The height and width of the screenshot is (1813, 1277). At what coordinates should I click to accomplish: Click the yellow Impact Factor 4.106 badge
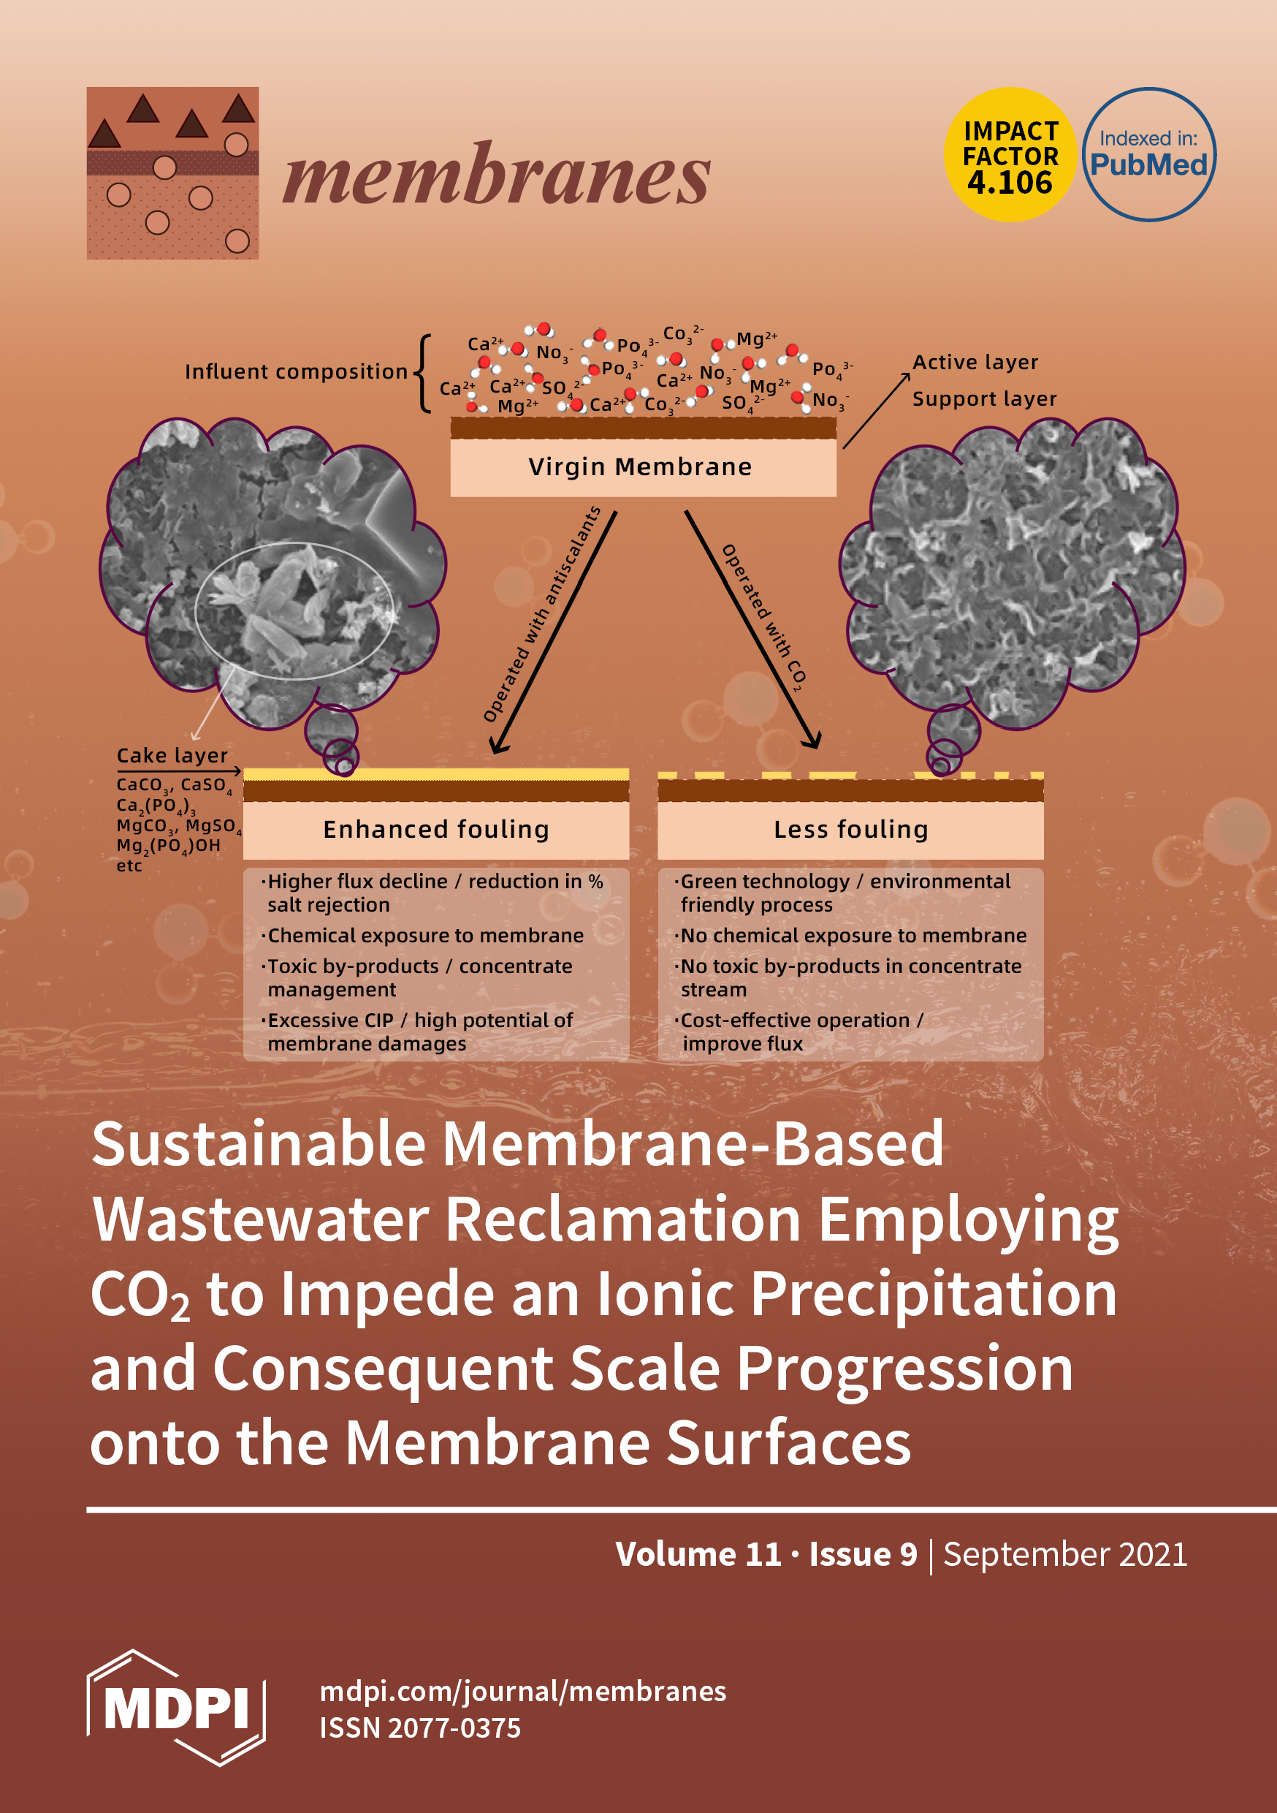click(1010, 155)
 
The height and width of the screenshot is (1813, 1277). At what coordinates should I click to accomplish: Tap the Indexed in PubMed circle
click(1148, 155)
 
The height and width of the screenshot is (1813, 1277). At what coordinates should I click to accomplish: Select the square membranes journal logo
click(173, 173)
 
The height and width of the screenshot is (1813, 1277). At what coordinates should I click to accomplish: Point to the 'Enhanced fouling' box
click(435, 829)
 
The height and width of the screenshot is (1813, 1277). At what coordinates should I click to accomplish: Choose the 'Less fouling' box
click(850, 829)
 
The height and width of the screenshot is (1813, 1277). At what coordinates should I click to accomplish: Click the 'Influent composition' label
click(296, 372)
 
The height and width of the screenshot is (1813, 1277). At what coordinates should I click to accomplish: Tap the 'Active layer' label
click(975, 363)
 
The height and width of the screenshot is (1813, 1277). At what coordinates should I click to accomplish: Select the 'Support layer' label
click(984, 398)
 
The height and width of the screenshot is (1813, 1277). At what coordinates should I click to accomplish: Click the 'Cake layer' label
click(172, 756)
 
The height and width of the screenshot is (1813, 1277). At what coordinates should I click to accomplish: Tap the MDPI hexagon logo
click(176, 1707)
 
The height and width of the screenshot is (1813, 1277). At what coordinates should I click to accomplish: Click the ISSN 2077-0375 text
click(420, 1727)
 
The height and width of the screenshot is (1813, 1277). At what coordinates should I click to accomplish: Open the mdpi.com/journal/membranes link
click(522, 1692)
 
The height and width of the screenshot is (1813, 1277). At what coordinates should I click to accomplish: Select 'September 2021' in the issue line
click(1064, 1555)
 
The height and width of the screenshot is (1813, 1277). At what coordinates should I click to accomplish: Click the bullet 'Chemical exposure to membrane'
click(425, 936)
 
